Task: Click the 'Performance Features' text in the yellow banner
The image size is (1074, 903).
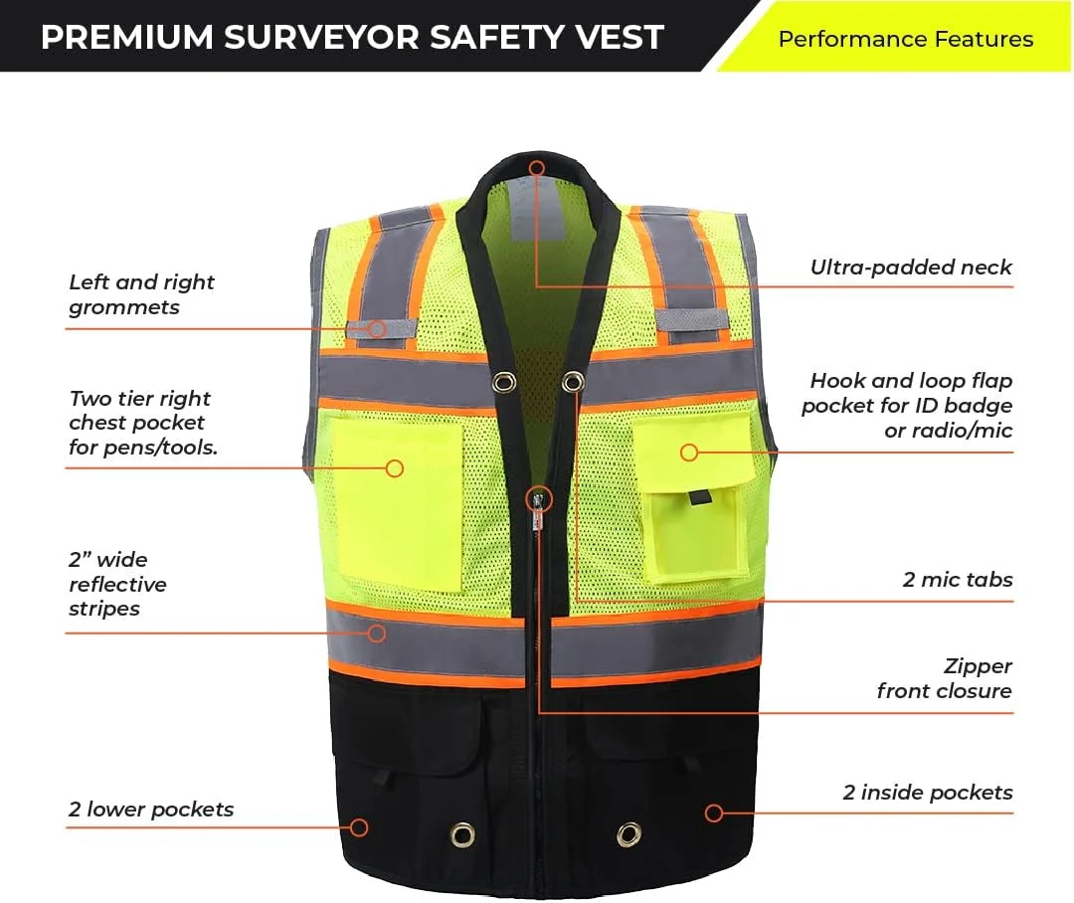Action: (906, 39)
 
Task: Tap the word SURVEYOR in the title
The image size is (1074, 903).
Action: (321, 37)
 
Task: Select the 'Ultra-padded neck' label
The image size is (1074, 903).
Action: (911, 268)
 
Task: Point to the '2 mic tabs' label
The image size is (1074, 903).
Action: (958, 580)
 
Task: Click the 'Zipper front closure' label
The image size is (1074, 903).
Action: (945, 678)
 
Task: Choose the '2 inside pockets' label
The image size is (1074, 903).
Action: (928, 793)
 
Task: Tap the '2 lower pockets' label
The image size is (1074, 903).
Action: (151, 810)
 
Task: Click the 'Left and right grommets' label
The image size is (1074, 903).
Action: (142, 294)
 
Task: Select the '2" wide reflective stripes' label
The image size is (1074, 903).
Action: (117, 584)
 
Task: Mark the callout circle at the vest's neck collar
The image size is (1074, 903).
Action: (537, 168)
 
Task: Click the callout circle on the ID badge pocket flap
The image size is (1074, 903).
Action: (689, 452)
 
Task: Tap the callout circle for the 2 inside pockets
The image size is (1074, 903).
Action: (714, 813)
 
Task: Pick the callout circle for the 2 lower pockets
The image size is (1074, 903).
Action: (359, 827)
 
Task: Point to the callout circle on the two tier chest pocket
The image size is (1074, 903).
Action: (395, 468)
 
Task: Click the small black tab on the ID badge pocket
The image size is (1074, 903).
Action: (699, 497)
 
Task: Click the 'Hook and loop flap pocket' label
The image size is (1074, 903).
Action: (908, 406)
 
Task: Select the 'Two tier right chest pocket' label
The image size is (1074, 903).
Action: (143, 423)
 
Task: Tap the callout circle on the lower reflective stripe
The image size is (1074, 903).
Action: (377, 633)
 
